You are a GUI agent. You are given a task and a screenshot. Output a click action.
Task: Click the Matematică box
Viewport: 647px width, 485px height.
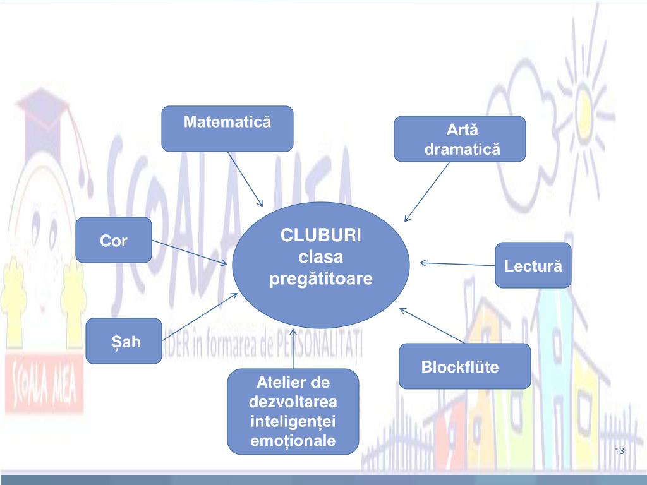point(227,129)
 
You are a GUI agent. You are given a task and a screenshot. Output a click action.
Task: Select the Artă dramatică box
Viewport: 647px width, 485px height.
point(460,139)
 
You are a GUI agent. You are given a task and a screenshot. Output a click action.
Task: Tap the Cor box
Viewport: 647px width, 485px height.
point(114,240)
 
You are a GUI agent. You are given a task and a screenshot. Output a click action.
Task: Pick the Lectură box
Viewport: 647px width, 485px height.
point(533,265)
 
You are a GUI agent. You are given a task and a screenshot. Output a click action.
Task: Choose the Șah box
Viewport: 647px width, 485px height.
point(123,341)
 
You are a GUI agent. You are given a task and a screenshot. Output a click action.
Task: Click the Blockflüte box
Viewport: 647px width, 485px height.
point(464,366)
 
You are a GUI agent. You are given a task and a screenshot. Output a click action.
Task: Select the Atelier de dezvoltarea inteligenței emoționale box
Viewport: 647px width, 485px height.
point(293,412)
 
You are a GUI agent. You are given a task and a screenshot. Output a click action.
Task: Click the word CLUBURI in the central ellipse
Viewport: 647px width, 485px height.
point(321,236)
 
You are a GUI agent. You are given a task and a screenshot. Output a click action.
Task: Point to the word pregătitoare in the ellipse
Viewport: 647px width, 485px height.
point(321,278)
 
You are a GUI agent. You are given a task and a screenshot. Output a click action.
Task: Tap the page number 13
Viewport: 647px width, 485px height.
point(619,451)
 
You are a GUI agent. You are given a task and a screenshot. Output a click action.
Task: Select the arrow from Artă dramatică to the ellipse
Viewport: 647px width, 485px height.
point(427,191)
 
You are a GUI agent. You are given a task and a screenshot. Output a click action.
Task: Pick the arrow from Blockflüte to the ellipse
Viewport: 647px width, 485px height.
point(433,326)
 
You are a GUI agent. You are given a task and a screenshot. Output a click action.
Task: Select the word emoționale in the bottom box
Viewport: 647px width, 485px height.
point(293,441)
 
